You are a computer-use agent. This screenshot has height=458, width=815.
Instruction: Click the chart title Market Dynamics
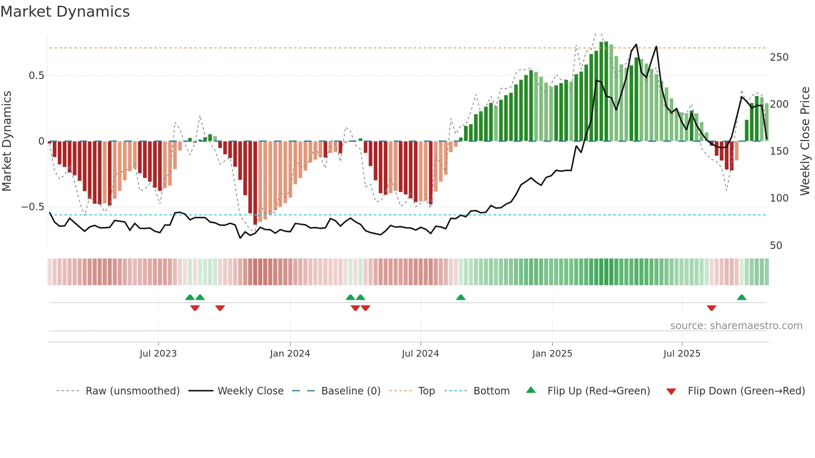pyautogui.click(x=65, y=12)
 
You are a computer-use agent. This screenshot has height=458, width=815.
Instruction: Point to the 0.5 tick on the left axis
pyautogui.click(x=36, y=76)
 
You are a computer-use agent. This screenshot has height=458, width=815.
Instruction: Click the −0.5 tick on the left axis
pyautogui.click(x=32, y=207)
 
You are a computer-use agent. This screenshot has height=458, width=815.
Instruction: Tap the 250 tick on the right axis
pyautogui.click(x=779, y=57)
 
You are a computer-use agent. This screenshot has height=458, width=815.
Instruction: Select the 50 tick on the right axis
pyautogui.click(x=776, y=246)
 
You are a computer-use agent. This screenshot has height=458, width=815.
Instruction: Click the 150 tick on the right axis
pyautogui.click(x=779, y=151)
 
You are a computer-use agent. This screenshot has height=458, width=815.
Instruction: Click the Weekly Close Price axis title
pyautogui.click(x=805, y=141)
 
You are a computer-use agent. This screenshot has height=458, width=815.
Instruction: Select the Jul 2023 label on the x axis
pyautogui.click(x=158, y=354)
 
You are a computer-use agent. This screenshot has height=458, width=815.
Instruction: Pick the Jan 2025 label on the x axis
pyautogui.click(x=552, y=354)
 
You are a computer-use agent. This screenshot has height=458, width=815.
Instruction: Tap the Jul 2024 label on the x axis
pyautogui.click(x=420, y=354)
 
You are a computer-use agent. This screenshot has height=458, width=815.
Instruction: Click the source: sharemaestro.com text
pyautogui.click(x=736, y=326)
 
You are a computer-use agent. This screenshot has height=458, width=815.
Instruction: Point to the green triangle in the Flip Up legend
pyautogui.click(x=531, y=390)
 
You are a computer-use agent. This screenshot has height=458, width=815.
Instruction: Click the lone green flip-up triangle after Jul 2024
pyautogui.click(x=460, y=298)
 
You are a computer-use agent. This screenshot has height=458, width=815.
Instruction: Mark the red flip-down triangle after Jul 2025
pyautogui.click(x=711, y=308)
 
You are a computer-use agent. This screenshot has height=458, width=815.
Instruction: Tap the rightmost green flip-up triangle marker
pyautogui.click(x=741, y=298)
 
